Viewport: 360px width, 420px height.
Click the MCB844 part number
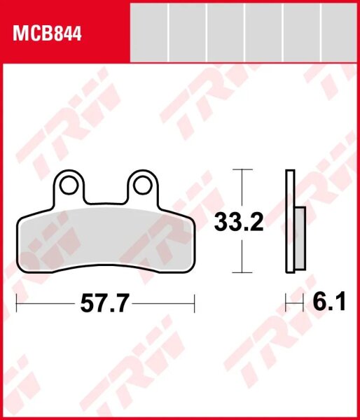tap(45, 34)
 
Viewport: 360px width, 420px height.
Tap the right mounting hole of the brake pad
tap(142, 184)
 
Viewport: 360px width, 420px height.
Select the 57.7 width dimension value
tap(106, 304)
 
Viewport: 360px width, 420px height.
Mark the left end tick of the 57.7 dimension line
tap(17, 304)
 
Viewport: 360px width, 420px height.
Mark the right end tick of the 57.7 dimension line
tap(195, 304)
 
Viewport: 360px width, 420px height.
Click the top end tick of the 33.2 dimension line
tap(242, 169)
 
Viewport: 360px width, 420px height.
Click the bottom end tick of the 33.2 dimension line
tap(242, 272)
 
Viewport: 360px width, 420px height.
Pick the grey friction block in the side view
tap(300, 239)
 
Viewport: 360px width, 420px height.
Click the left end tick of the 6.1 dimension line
tap(286, 304)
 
